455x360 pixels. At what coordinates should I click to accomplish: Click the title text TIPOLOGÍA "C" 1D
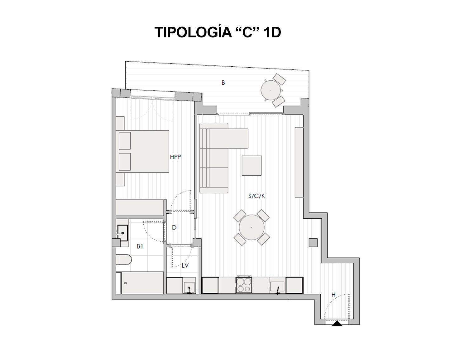218,33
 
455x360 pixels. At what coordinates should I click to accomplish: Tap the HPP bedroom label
175,157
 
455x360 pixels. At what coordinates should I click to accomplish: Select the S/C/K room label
256,196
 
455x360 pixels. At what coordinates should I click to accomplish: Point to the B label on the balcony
223,83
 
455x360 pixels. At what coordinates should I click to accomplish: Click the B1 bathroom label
140,246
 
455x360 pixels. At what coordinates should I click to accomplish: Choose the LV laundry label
185,266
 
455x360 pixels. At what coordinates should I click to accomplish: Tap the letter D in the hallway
174,228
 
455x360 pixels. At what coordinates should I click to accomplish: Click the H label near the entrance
333,295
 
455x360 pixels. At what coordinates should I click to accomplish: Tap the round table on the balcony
270,90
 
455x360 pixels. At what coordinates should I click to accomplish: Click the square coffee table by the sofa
251,166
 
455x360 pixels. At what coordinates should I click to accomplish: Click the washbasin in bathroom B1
122,233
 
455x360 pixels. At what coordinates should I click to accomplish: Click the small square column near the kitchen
313,243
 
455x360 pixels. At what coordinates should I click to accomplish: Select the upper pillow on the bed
125,140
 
